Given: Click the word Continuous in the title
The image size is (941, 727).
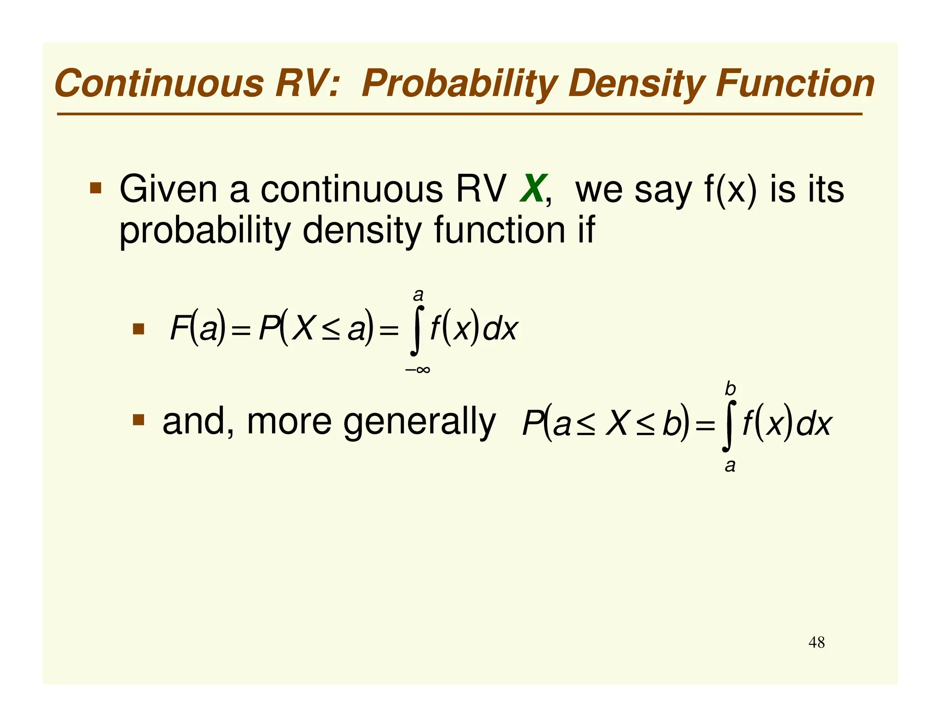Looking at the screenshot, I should pos(159,84).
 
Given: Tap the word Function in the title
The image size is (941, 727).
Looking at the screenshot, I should pos(795,84).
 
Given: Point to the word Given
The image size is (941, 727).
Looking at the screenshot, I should pos(168,189).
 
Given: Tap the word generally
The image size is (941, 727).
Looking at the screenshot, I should pos(419,422).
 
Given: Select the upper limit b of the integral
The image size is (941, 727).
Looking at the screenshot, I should pos(730,389).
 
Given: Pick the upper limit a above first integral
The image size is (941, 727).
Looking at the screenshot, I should pos(418,294).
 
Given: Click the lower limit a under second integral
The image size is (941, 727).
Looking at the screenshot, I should pos(730,466).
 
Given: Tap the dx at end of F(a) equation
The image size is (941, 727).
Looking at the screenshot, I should pos(501,329).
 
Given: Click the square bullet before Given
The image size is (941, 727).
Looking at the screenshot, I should pos(96,188).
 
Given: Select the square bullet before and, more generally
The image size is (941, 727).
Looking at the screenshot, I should pos(138,420).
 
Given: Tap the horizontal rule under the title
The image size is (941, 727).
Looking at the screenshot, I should pos(459,114).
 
